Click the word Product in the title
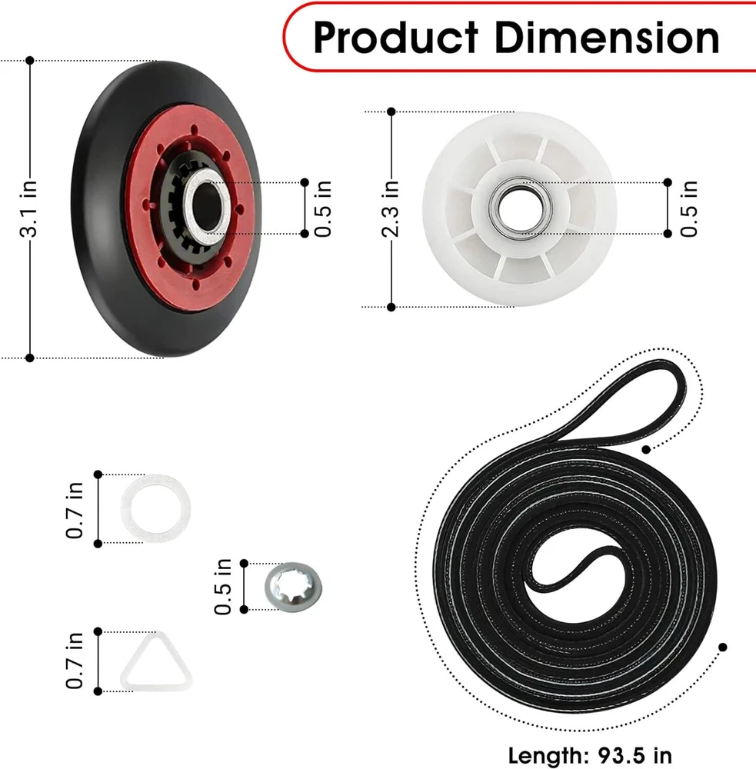pos(395,38)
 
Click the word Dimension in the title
pos(607,37)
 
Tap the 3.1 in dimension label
pos(28,209)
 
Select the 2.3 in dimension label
pos(390,209)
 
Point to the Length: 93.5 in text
pos(590,755)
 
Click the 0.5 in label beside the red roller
pos(323,209)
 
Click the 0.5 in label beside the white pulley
pos(688,209)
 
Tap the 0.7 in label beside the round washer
pos(75,510)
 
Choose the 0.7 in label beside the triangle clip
pos(75,661)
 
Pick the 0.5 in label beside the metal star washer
pos(223,587)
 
